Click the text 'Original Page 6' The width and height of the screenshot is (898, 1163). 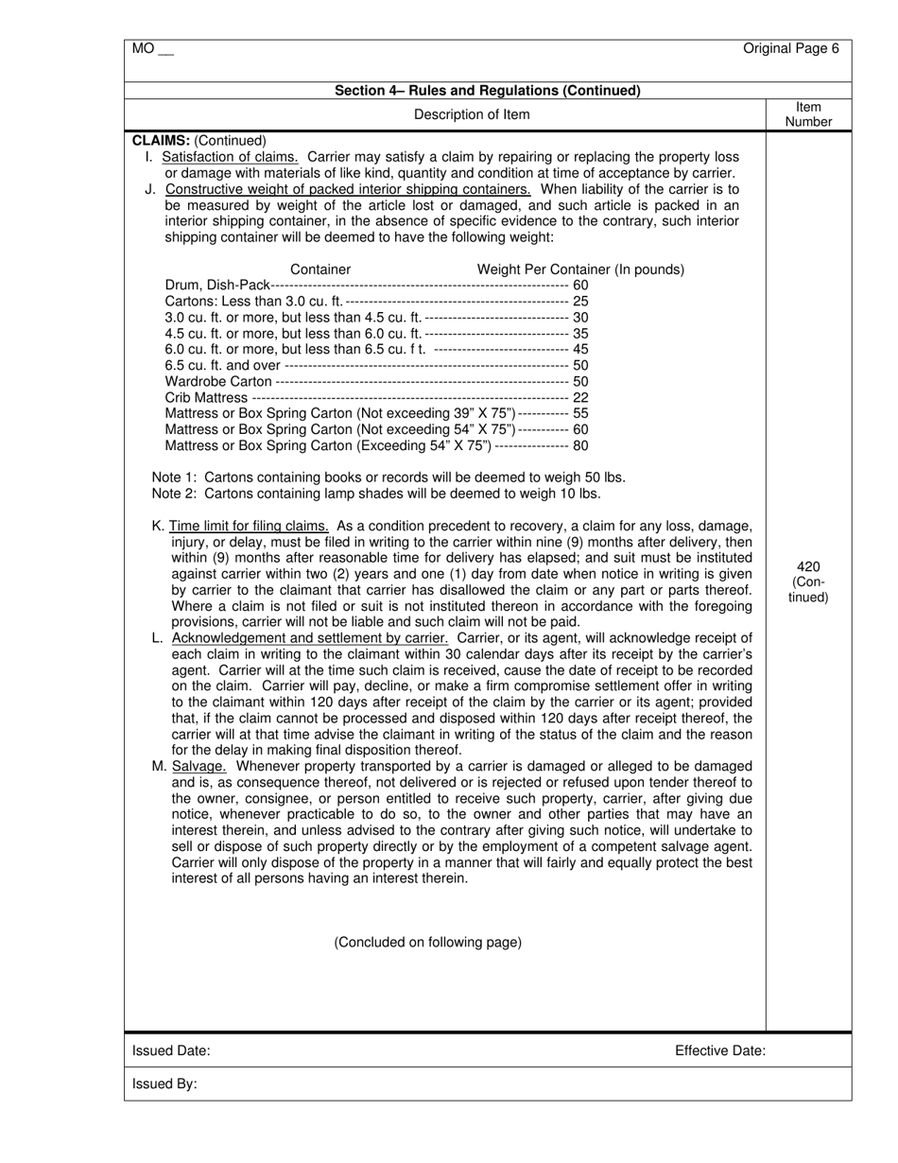click(x=790, y=49)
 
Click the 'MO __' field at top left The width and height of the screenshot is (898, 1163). click(x=153, y=49)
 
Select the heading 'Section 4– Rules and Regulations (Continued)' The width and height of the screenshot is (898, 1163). click(x=488, y=91)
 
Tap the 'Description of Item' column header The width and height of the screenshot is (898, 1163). click(x=472, y=114)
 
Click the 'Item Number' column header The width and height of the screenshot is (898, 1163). click(x=809, y=114)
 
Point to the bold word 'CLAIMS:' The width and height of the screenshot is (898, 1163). click(x=162, y=140)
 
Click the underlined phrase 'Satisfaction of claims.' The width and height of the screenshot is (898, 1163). click(x=231, y=157)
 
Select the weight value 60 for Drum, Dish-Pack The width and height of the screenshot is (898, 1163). click(x=580, y=286)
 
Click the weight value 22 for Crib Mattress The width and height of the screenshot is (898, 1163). click(x=580, y=398)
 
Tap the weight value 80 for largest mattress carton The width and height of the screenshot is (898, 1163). click(x=580, y=446)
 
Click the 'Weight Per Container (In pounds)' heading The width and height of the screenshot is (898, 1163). click(x=580, y=269)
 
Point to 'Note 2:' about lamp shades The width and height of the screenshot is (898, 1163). click(x=176, y=494)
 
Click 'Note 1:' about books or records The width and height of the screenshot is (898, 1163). click(x=176, y=477)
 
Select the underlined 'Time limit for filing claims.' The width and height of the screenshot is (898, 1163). click(x=249, y=526)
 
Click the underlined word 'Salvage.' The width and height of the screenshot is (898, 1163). click(x=199, y=766)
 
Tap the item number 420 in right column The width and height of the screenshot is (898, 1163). click(x=808, y=566)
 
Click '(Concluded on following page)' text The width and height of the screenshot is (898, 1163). click(x=427, y=943)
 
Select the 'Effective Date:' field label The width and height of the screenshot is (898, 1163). click(x=720, y=1050)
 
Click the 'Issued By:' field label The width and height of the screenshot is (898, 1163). click(x=164, y=1085)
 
